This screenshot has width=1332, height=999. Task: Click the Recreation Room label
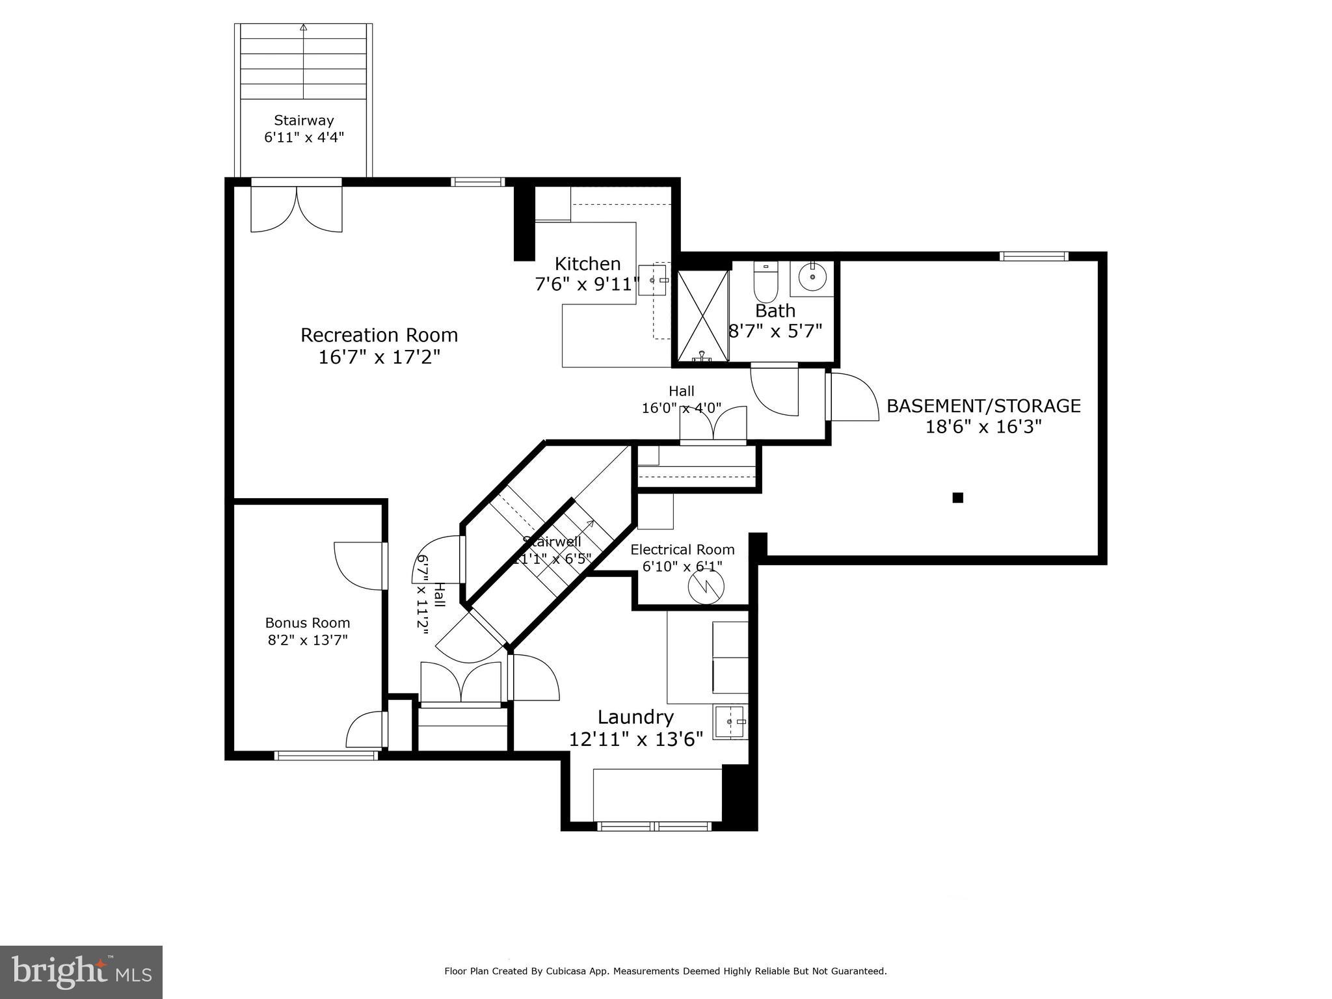point(379,336)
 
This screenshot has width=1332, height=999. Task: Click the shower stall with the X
point(702,316)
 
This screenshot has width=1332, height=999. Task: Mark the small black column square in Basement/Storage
point(957,498)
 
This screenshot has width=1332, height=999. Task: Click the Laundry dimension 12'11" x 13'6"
point(635,740)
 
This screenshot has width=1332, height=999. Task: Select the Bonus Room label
point(308,623)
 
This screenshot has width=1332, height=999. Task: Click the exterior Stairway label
point(304,120)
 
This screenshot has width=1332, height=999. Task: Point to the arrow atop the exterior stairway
point(304,27)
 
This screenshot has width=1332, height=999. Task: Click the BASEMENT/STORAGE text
point(983,406)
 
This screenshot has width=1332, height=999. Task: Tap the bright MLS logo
point(81,972)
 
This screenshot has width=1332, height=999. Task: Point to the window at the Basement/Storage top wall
point(1033,256)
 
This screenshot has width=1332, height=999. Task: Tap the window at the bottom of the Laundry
point(654,826)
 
